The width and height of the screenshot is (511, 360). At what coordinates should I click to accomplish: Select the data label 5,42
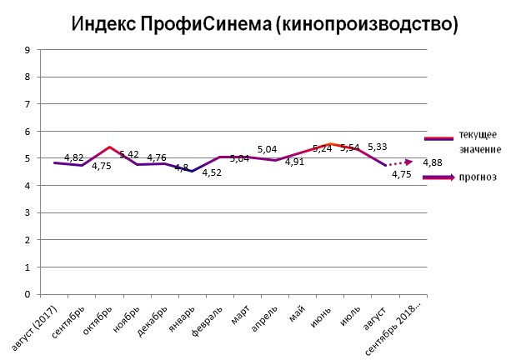coord(129,155)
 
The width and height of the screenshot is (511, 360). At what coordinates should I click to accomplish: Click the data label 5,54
coord(350,148)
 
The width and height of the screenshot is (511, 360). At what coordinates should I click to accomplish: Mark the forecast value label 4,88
coord(433,162)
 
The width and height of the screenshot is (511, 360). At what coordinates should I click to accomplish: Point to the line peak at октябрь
coord(109,147)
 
